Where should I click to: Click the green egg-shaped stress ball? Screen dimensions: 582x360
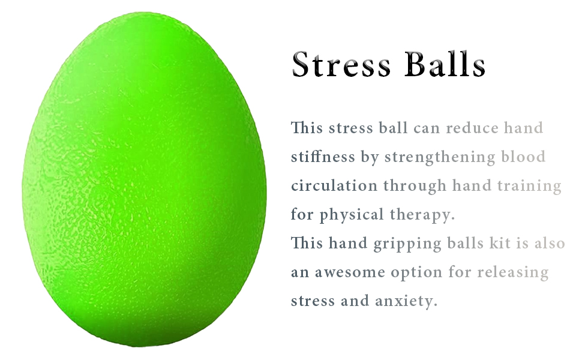(x=144, y=180)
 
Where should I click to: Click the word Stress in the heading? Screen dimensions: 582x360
(x=341, y=64)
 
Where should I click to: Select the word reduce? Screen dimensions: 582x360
(x=473, y=128)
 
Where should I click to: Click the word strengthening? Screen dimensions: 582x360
(x=440, y=158)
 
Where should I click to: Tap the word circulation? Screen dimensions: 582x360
(x=334, y=185)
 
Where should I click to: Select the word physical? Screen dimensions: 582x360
(x=352, y=215)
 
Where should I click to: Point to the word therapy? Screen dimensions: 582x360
(x=422, y=215)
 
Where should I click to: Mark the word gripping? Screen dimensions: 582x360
(x=407, y=244)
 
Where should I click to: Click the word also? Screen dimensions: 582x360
(x=550, y=243)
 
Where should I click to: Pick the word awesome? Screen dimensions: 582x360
(x=350, y=272)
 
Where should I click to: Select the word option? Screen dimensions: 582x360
(x=416, y=273)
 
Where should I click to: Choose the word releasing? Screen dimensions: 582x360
(x=513, y=273)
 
